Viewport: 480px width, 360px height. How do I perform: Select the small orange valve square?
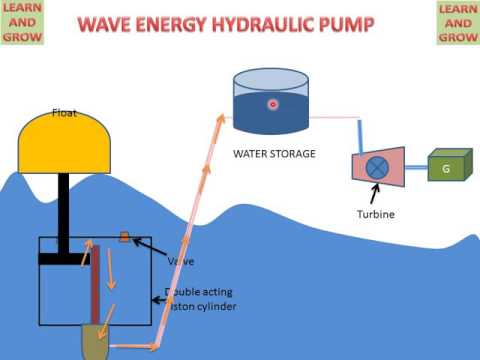[124, 237]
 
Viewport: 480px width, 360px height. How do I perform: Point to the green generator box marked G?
[447, 168]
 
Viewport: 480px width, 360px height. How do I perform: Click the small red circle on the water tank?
[271, 104]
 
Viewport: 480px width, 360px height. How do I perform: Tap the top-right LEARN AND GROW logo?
[456, 22]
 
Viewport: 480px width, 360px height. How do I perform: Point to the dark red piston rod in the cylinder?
[96, 285]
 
